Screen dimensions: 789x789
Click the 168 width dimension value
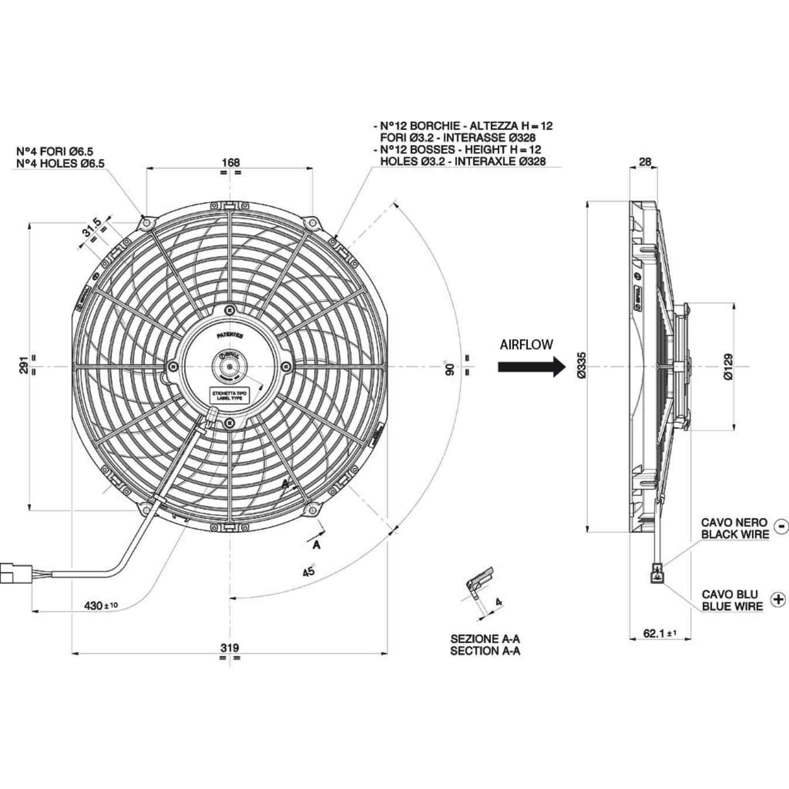230,162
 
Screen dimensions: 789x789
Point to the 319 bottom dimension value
230,648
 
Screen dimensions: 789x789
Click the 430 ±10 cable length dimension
101,605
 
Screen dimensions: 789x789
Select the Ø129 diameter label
728,367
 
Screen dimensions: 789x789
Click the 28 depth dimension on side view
645,162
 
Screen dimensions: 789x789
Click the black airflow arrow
531,367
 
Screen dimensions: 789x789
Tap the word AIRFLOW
526,345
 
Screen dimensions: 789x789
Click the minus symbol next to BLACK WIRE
781,527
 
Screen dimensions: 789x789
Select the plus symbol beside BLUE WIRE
778,599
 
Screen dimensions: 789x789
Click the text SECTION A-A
485,651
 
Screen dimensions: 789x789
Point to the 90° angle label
450,368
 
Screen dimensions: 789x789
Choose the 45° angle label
309,570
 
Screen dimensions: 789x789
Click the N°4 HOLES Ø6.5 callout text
60,164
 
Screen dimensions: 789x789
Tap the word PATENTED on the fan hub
230,335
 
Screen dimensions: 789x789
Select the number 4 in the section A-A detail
499,601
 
